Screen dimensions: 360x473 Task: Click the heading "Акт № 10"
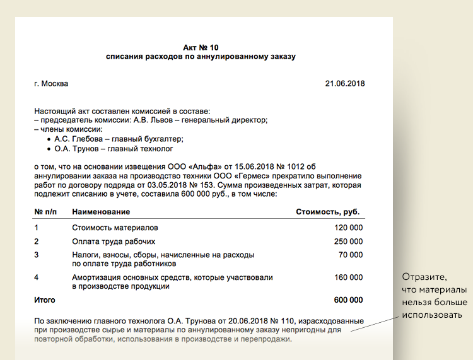click(x=201, y=47)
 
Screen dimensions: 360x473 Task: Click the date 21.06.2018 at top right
click(x=344, y=84)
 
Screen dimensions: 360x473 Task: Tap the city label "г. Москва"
click(x=51, y=84)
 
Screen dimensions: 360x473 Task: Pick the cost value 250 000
click(x=347, y=241)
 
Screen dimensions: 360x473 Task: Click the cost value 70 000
click(x=350, y=255)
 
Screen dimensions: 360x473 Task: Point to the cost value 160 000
click(x=347, y=277)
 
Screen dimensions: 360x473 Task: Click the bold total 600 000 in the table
click(x=347, y=300)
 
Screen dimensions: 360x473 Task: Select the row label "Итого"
click(x=45, y=300)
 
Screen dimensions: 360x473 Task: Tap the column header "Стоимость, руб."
click(x=328, y=212)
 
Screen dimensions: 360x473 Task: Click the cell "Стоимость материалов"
click(x=115, y=228)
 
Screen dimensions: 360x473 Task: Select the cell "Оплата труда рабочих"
click(x=114, y=241)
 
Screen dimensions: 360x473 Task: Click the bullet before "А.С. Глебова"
click(x=49, y=139)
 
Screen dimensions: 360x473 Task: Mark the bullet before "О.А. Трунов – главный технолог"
click(x=49, y=149)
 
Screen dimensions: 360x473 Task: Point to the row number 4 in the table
click(x=37, y=277)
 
